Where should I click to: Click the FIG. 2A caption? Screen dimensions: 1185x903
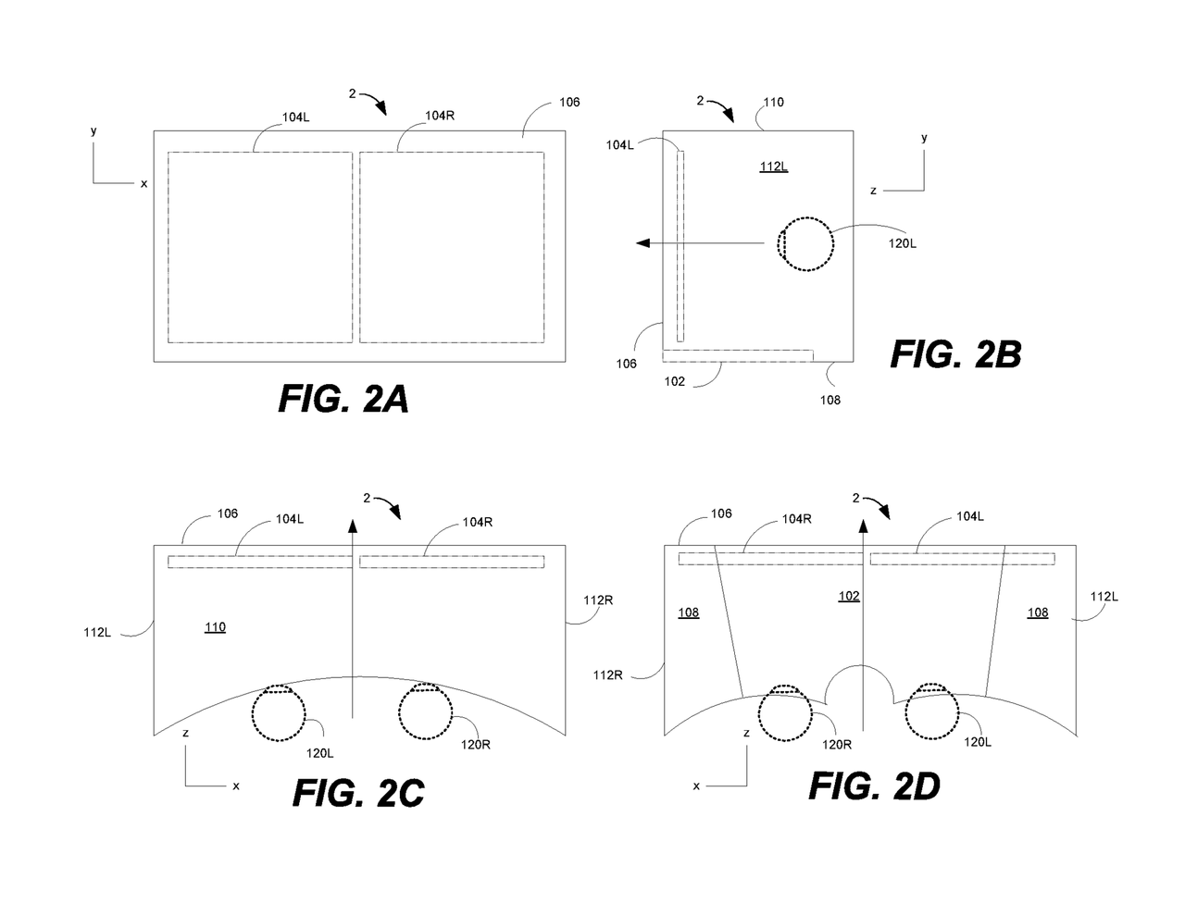coord(343,399)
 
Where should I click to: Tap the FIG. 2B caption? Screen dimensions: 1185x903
coord(955,354)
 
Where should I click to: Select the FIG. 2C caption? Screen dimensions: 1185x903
coord(358,792)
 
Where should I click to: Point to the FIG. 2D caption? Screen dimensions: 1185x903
coord(874,785)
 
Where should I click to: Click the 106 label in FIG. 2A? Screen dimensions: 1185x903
coord(569,102)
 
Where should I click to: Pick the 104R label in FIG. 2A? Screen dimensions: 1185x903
coord(440,116)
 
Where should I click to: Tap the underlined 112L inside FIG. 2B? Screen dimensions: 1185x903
coord(773,167)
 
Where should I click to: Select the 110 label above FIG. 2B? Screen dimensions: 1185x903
coord(774,102)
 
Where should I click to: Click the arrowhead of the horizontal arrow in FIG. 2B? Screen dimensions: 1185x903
coord(642,243)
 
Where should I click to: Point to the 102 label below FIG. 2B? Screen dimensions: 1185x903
coord(674,381)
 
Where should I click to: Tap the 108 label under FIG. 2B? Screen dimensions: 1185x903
coord(829,400)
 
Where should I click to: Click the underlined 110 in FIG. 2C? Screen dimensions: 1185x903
coord(215,626)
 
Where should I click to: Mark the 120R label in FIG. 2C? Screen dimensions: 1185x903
coord(475,745)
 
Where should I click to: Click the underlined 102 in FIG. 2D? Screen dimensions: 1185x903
coord(849,596)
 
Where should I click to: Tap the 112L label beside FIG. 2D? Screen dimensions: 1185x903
coord(1104,596)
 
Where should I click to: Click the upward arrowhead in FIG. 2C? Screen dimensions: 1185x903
coord(353,526)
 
